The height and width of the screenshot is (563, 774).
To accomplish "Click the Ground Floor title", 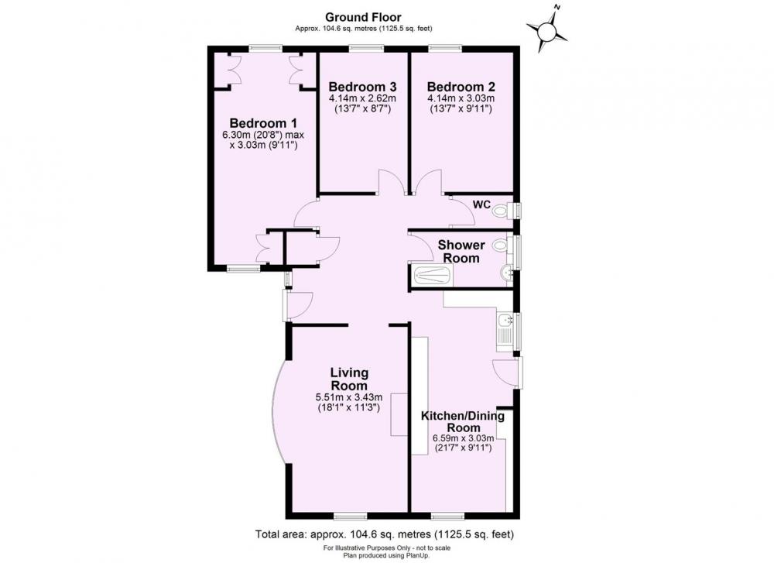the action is (x=363, y=18).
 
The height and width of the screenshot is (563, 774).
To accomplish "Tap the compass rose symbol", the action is (x=547, y=29).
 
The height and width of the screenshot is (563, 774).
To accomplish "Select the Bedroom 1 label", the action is (x=264, y=123).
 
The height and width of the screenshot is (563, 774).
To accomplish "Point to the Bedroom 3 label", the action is (x=363, y=87).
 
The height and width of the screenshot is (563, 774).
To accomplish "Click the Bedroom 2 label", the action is (x=461, y=87).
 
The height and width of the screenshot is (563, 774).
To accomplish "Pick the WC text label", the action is (x=481, y=204).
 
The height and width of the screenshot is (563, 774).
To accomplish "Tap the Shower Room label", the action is (x=461, y=252).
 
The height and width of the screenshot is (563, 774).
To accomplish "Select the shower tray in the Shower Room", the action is (x=433, y=275).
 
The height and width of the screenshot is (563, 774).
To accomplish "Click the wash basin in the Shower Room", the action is (x=505, y=273).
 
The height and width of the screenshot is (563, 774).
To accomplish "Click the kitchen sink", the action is (x=505, y=329).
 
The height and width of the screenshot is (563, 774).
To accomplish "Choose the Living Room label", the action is (x=349, y=379).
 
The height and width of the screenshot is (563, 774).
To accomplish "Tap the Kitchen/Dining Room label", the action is (x=463, y=421).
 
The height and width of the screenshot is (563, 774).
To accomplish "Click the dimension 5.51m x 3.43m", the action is (x=349, y=397).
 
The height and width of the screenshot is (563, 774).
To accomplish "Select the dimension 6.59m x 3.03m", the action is (x=463, y=438).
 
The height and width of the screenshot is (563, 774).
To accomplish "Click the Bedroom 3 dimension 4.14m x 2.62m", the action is (x=363, y=98).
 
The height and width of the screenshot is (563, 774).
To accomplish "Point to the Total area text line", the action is (x=385, y=534).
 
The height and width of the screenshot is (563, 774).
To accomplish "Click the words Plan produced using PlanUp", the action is (x=387, y=555).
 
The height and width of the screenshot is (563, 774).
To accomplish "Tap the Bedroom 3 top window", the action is (x=366, y=48).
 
